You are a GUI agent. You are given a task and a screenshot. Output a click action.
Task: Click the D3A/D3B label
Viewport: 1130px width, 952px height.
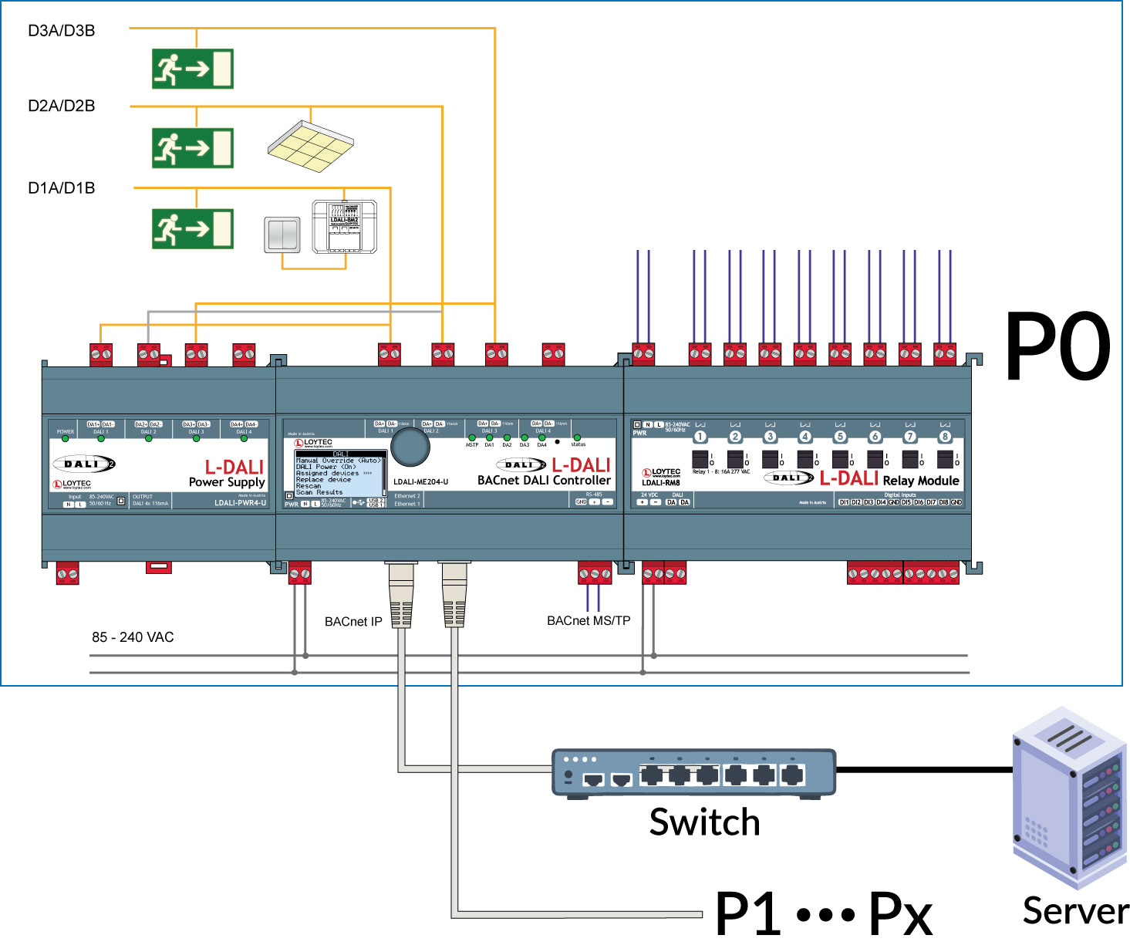point(62,31)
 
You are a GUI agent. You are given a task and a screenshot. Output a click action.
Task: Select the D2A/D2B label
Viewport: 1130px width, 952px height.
point(62,106)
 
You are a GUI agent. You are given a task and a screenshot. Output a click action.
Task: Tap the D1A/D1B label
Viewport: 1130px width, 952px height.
point(62,188)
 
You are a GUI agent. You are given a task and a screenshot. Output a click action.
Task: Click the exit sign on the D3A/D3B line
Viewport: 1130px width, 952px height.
point(193,69)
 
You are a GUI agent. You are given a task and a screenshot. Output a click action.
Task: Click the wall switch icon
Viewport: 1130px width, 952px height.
point(282,235)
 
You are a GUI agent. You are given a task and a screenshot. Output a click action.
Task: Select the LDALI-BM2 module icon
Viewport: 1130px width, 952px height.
point(344,227)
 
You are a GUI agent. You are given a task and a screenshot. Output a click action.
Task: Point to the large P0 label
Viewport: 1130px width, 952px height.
point(1057,346)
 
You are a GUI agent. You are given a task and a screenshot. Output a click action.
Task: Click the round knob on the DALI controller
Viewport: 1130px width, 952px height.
point(410,447)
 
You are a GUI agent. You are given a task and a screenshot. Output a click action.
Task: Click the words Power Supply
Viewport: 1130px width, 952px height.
point(227,482)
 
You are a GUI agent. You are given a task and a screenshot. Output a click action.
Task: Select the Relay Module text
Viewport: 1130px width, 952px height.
point(921,481)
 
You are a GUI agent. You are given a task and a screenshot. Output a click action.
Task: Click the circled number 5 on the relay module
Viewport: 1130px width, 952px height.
point(840,437)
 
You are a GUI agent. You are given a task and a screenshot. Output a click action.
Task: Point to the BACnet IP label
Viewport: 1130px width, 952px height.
point(353,622)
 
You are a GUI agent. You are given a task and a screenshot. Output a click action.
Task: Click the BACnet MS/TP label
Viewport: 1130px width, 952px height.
point(589,621)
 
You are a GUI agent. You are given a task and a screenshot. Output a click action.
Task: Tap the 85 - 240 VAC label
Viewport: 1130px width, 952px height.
point(133,637)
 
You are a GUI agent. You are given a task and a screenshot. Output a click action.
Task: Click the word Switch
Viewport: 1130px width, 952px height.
point(704,822)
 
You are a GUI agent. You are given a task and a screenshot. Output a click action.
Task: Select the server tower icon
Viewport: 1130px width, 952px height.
point(1068,798)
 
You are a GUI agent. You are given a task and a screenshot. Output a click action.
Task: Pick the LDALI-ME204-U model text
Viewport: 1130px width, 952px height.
point(420,482)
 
